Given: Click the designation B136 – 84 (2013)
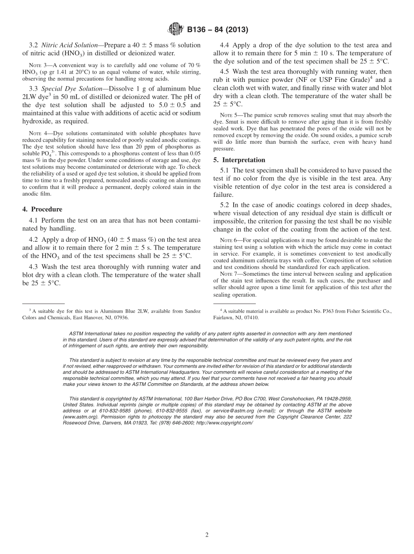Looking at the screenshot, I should point(217,30).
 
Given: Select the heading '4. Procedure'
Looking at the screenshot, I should point(42,209).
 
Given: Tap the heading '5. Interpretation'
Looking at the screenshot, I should point(239,160).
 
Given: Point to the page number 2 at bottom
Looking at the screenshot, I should point(207,535).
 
